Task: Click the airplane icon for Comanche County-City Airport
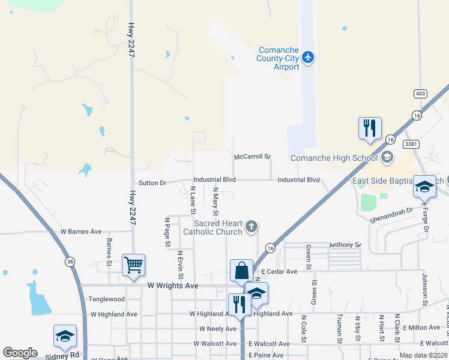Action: click(309, 58)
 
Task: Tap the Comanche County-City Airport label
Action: click(278, 59)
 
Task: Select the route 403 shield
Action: click(420, 94)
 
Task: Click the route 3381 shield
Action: click(411, 144)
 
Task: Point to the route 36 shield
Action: click(70, 262)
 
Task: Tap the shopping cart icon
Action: click(133, 264)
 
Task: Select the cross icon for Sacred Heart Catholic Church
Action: click(252, 227)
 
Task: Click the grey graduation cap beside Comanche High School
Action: click(387, 158)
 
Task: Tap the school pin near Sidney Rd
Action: click(65, 336)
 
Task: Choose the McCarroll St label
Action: click(253, 157)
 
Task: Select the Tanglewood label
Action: click(106, 299)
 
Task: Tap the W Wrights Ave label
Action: click(173, 286)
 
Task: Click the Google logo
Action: click(20, 353)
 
